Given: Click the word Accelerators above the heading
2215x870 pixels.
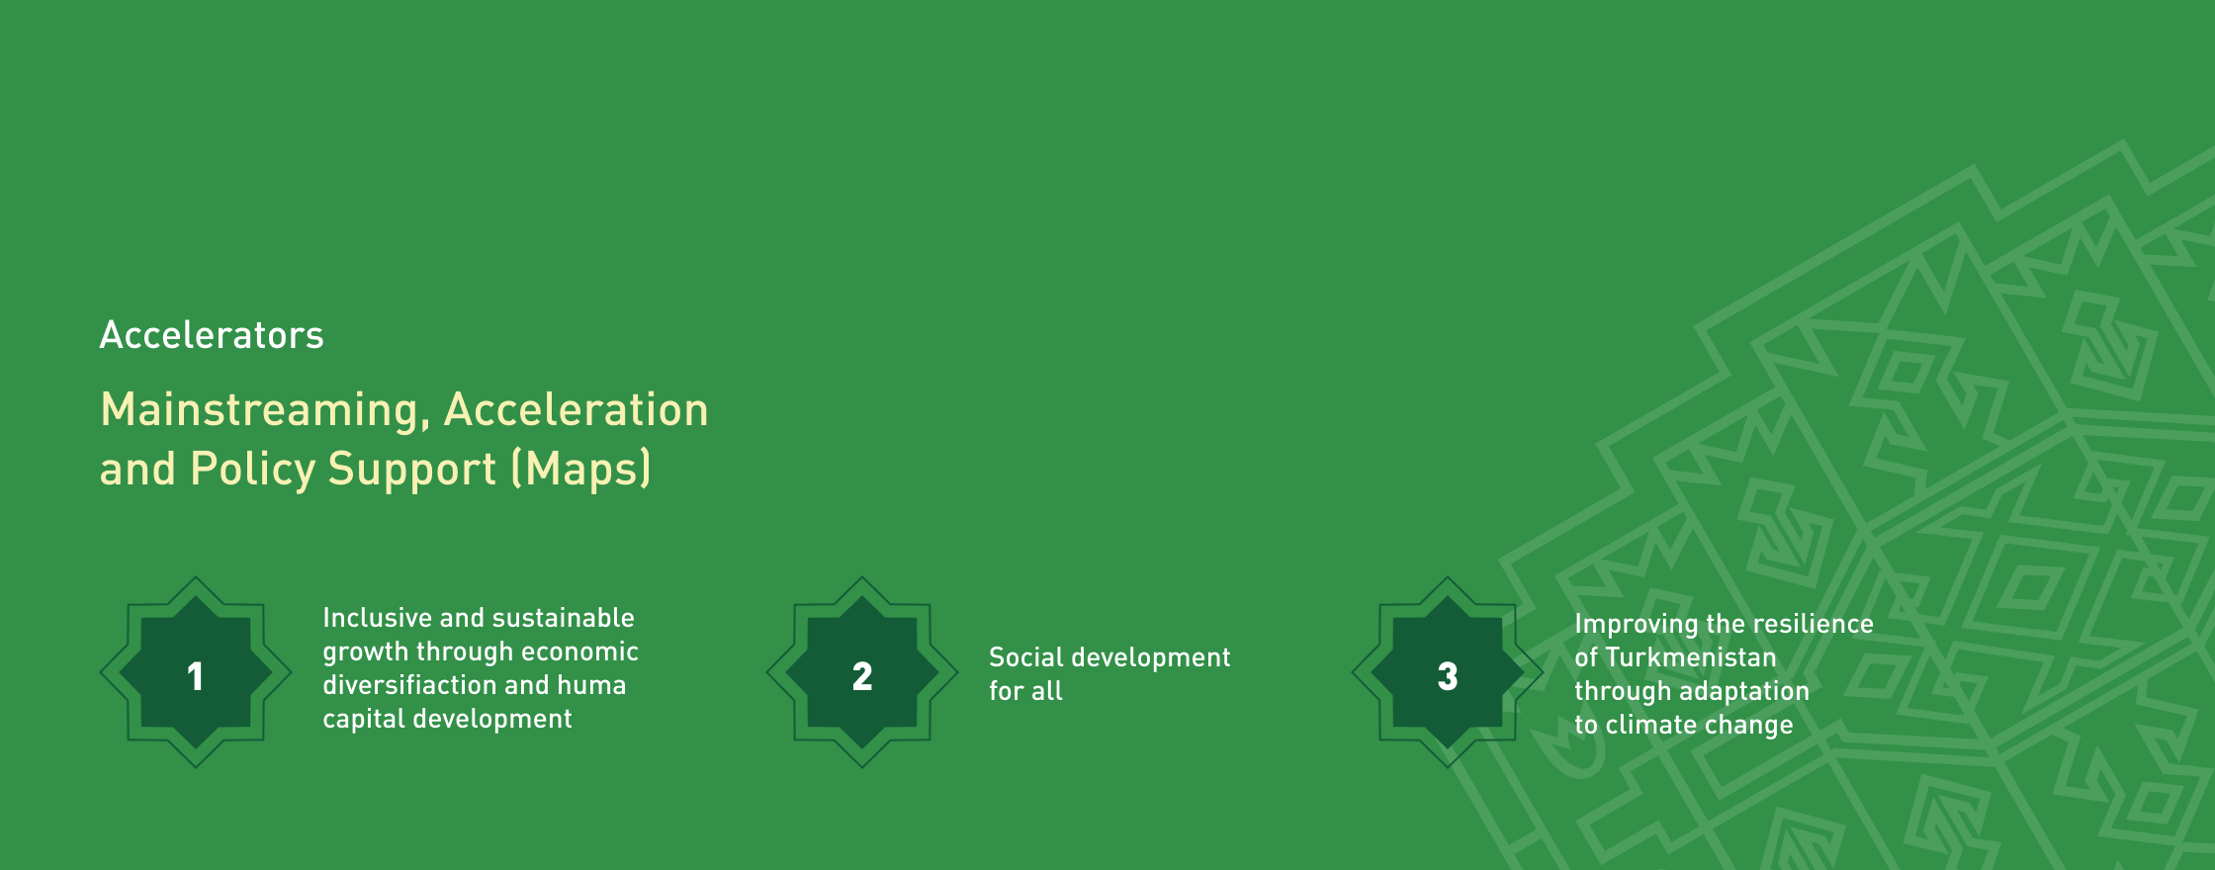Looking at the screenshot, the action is (212, 335).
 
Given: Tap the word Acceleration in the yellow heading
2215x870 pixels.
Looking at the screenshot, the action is (576, 409).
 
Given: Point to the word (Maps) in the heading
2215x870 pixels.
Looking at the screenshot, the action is (581, 469).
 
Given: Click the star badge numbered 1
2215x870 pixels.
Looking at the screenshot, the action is (196, 672).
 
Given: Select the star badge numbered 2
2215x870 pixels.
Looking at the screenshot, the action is (862, 672).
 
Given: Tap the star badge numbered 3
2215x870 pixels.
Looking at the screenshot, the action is (1448, 672).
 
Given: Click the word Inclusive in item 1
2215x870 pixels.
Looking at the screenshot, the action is (378, 618).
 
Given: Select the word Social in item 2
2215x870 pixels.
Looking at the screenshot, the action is (1026, 657).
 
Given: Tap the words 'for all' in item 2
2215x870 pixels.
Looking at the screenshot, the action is (1026, 691).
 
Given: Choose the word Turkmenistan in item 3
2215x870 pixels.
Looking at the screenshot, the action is (1691, 657).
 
